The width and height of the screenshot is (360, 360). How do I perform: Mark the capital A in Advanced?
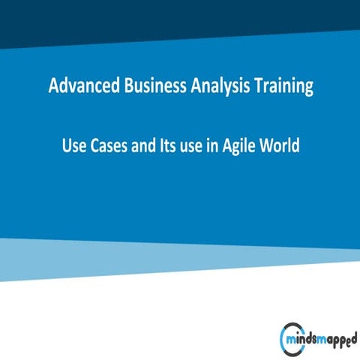coord(54,87)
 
